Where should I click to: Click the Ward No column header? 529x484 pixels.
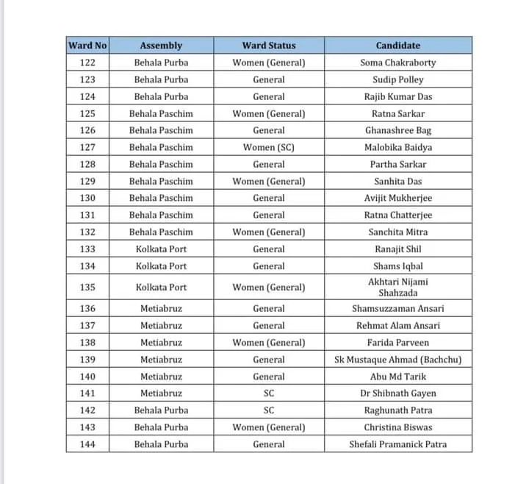pos(87,46)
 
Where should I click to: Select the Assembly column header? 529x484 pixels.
pos(161,46)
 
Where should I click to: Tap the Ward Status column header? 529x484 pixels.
pos(268,46)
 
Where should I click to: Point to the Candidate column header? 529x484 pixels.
pos(397,46)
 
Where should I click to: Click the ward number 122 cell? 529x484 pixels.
pos(87,63)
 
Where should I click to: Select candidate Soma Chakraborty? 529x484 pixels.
pos(397,63)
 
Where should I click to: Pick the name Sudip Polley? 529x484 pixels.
pos(397,79)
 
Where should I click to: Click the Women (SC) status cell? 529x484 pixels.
pos(268,147)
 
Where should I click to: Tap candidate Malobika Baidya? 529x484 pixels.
pos(397,147)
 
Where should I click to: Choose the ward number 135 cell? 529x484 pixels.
pos(87,287)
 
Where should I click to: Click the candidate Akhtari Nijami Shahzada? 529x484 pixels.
pos(397,287)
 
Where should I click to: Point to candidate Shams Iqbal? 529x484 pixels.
pos(397,266)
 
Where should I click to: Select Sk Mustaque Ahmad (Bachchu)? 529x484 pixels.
pos(397,360)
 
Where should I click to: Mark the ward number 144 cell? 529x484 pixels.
pos(87,444)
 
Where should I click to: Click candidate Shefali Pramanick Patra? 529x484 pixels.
pos(397,444)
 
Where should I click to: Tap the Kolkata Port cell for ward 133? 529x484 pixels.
pos(161,249)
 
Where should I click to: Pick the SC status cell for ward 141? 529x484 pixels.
pos(268,394)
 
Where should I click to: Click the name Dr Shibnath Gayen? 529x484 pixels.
pos(397,394)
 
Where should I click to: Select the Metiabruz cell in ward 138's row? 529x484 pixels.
pos(161,343)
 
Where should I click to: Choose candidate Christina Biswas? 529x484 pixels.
pos(397,427)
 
